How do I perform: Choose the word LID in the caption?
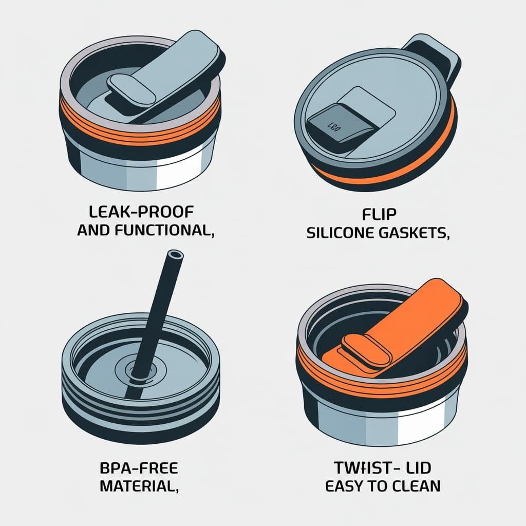pos(415,469)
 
